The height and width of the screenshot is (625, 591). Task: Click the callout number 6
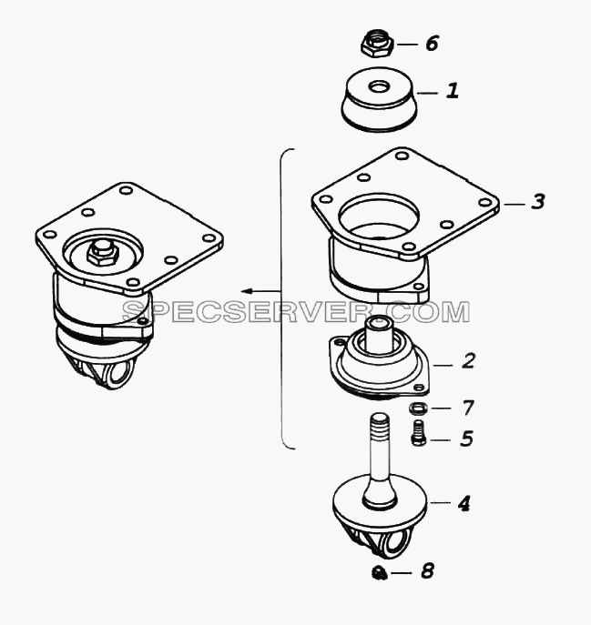tap(433, 43)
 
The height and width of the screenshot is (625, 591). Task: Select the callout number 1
tap(453, 91)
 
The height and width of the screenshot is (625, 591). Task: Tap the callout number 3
tap(538, 201)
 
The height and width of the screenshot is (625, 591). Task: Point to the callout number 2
tap(468, 360)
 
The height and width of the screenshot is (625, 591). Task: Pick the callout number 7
tap(468, 408)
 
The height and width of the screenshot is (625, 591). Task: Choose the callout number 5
tap(466, 439)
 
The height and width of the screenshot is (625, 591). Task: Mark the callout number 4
tap(464, 504)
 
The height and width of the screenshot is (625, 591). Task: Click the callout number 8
tap(427, 571)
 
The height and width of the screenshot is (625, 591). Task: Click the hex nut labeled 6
tap(378, 44)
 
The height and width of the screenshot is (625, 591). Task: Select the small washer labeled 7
tap(418, 408)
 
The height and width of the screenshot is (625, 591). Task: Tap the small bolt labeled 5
tap(418, 432)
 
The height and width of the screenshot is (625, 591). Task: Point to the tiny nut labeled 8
tap(379, 573)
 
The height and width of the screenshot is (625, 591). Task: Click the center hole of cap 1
tap(378, 86)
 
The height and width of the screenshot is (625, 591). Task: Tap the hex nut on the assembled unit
tap(102, 254)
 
